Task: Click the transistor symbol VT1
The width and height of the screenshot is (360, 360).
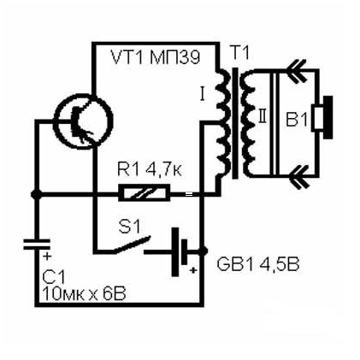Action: click(83, 121)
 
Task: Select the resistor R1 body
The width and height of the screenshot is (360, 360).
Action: click(145, 193)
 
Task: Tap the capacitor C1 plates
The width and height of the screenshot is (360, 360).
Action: click(37, 245)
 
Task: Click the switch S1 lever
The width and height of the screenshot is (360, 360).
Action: click(132, 244)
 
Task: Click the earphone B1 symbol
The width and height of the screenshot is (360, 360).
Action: click(322, 117)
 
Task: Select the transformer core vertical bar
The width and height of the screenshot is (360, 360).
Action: click(235, 123)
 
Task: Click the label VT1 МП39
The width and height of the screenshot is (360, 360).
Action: click(156, 58)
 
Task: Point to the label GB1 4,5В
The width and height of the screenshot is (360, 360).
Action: click(258, 265)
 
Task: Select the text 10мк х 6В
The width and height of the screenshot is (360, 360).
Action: click(84, 294)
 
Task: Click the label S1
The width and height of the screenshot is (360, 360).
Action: click(129, 227)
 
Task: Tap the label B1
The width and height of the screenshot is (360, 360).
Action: click(297, 120)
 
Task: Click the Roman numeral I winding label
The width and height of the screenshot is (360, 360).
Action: click(203, 95)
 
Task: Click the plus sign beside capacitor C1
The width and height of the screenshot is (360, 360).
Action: click(47, 257)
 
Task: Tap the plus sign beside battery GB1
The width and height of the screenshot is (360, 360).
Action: click(193, 269)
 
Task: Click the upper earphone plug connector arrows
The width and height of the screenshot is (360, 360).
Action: click(297, 71)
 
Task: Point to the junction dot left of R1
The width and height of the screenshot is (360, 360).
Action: click(36, 194)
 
